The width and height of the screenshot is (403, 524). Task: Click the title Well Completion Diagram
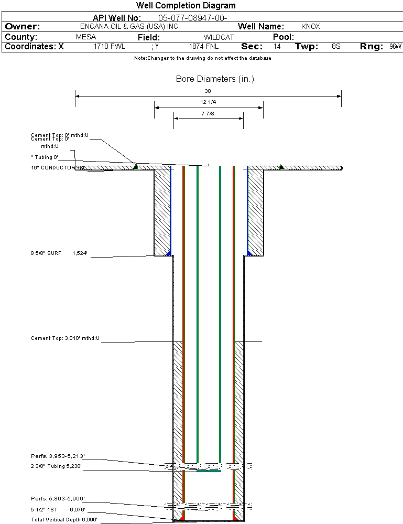tap(186, 6)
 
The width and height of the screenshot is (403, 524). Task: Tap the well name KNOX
tap(311, 26)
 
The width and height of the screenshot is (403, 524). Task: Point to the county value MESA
tap(86, 37)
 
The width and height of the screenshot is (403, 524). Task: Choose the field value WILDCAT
tap(219, 37)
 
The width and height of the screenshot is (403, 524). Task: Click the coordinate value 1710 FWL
tap(110, 47)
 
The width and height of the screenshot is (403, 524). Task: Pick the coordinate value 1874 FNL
tap(204, 47)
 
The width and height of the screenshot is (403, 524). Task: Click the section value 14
tap(277, 47)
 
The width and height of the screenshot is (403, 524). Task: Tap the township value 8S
tap(336, 47)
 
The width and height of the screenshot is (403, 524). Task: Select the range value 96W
tap(395, 47)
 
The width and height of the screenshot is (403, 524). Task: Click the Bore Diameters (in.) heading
tap(215, 79)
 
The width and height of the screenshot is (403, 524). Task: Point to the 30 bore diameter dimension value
tap(208, 91)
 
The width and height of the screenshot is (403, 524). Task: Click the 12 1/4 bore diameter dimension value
tap(208, 102)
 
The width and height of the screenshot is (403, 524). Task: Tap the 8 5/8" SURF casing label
tap(46, 253)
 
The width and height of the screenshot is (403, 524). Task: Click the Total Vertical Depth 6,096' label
tap(64, 519)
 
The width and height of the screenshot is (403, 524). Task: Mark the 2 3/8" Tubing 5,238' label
tap(56, 466)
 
